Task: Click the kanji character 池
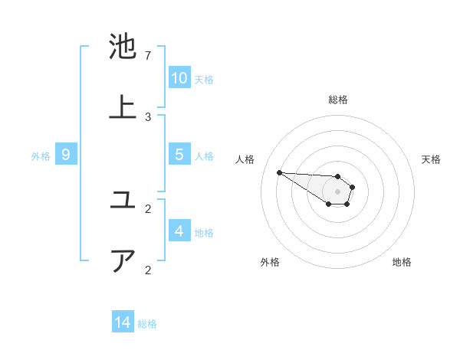(123, 47)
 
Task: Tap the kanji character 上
(123, 106)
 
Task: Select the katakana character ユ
(123, 201)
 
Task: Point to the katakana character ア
(123, 260)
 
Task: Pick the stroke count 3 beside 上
(148, 116)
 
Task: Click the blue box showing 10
(179, 78)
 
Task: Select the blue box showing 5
(179, 155)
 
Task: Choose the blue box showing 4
(179, 231)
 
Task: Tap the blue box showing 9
(66, 155)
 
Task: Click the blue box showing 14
(123, 322)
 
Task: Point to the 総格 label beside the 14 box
(147, 324)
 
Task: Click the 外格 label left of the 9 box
(41, 156)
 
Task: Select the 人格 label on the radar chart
(245, 159)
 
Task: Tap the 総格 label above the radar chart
(337, 100)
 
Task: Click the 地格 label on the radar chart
(402, 262)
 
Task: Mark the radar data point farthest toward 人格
(279, 172)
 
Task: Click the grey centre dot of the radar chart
(337, 191)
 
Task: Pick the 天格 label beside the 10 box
(204, 80)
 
